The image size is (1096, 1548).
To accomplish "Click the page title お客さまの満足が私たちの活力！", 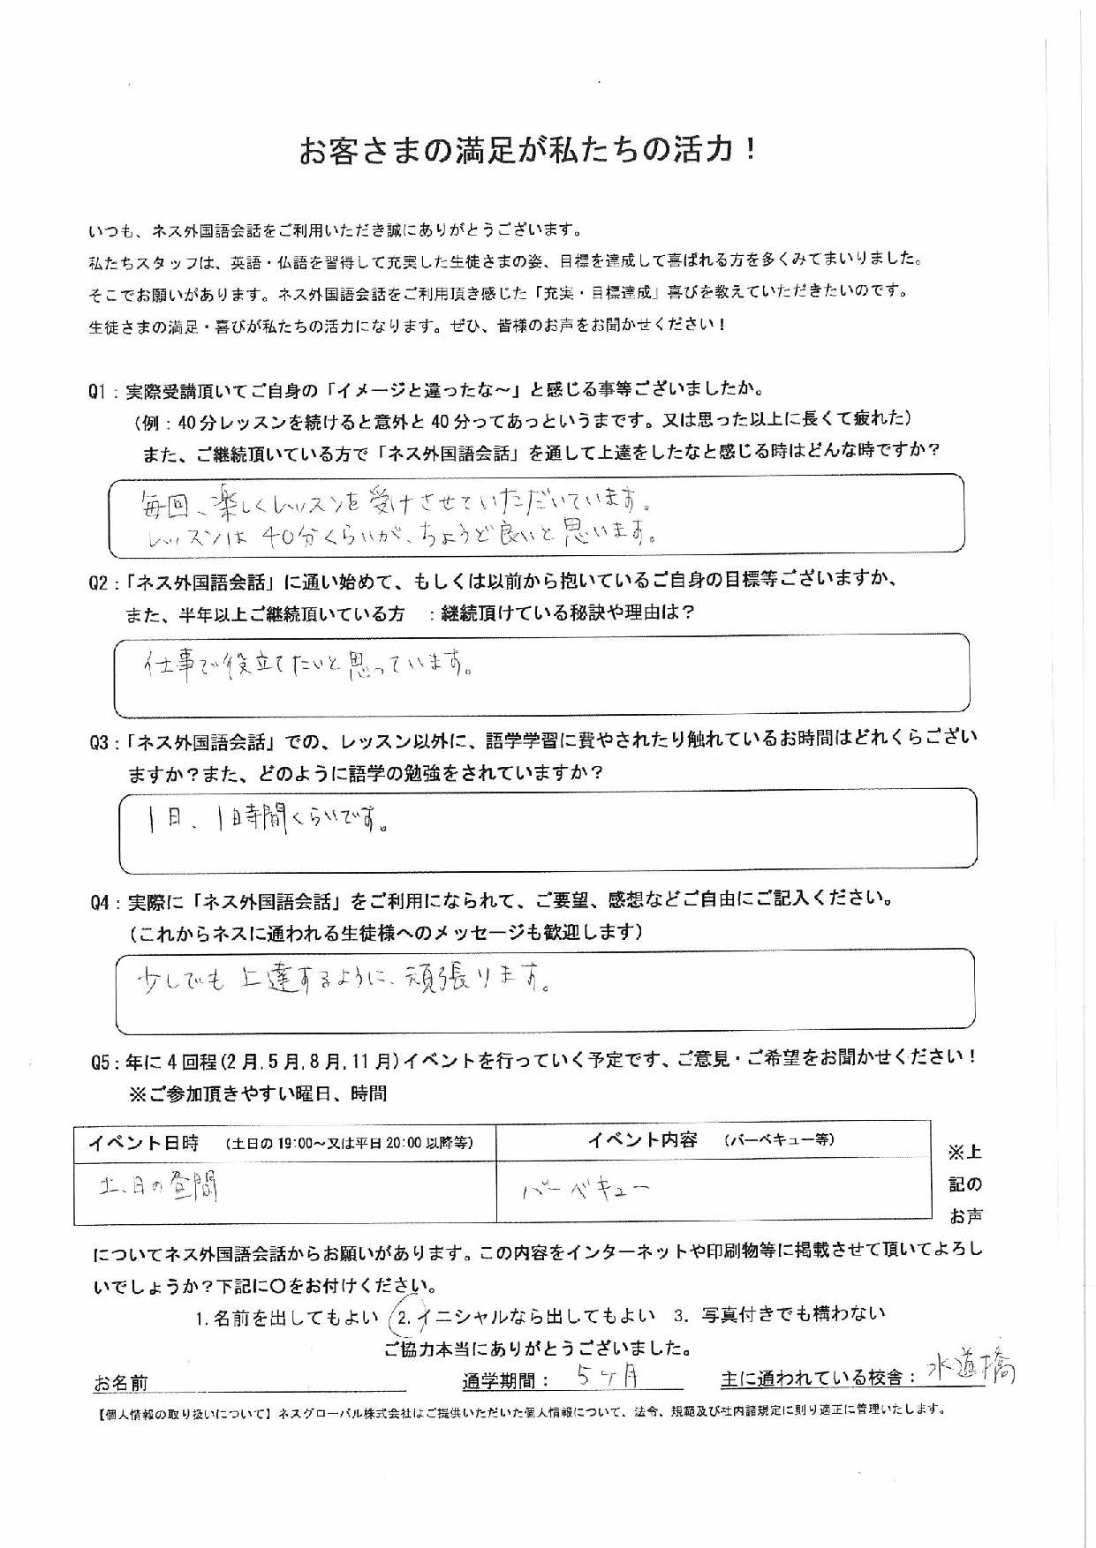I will click(x=528, y=151).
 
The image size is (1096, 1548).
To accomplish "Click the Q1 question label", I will click(x=100, y=390).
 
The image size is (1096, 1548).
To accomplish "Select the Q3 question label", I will click(x=102, y=742).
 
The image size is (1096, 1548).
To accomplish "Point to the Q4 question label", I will click(x=102, y=902).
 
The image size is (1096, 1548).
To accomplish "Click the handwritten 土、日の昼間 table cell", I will click(x=159, y=1189).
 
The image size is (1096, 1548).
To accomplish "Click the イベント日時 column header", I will click(x=143, y=1143).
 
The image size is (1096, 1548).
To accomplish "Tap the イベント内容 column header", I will click(x=642, y=1139).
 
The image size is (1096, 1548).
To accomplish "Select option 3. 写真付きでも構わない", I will click(x=778, y=1315).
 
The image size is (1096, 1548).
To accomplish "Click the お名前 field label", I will click(x=121, y=1382).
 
